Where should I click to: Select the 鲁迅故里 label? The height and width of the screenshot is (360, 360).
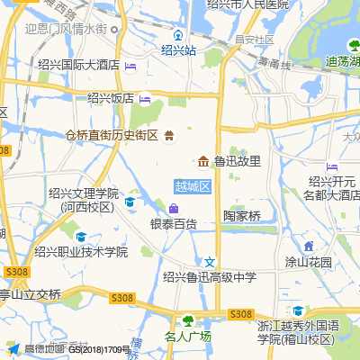pyautogui.click(x=237, y=161)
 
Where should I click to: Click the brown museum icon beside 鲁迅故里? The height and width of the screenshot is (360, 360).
pyautogui.click(x=203, y=161)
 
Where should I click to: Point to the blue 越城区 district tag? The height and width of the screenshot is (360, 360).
pyautogui.click(x=192, y=186)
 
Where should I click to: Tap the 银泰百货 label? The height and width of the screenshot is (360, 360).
pyautogui.click(x=173, y=223)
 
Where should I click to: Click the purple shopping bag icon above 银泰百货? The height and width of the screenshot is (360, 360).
pyautogui.click(x=174, y=209)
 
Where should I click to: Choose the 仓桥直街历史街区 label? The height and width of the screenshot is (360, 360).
pyautogui.click(x=112, y=135)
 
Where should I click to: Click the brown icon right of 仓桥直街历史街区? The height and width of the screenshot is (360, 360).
pyautogui.click(x=168, y=135)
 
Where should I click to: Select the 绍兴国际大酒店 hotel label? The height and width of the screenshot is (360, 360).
pyautogui.click(x=79, y=65)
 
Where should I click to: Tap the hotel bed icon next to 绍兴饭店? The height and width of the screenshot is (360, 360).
pyautogui.click(x=145, y=98)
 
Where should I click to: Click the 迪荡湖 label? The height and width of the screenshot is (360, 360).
pyautogui.click(x=341, y=62)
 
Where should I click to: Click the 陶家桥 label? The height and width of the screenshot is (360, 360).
pyautogui.click(x=241, y=216)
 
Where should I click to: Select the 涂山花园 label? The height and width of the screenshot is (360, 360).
pyautogui.click(x=309, y=262)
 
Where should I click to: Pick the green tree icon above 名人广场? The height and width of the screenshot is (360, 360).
pyautogui.click(x=188, y=320)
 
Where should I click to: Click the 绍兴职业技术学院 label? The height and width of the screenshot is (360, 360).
pyautogui.click(x=81, y=251)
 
